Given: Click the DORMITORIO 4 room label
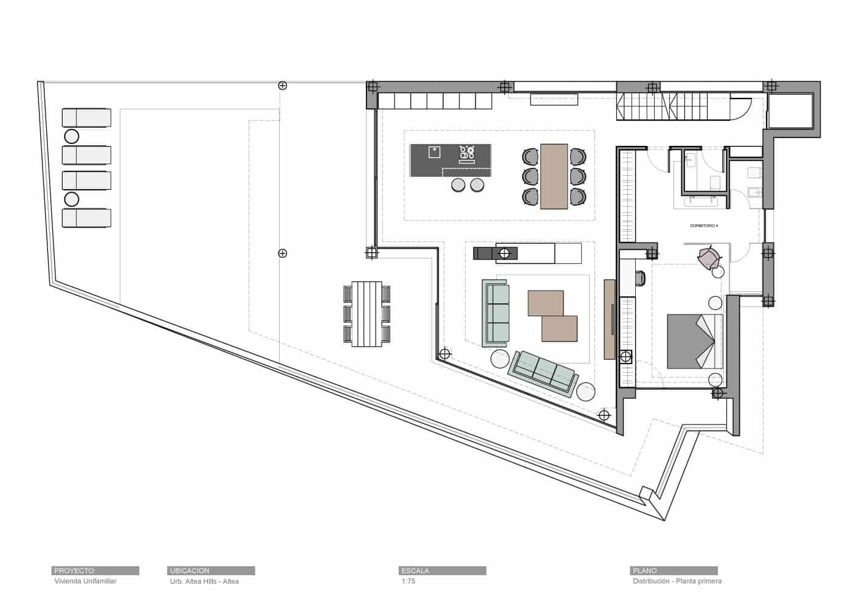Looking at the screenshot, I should (704, 226).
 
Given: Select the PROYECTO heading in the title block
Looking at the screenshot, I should (74, 570).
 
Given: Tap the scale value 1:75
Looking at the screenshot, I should (408, 581).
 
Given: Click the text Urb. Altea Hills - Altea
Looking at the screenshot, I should (204, 581).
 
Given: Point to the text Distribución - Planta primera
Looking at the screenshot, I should (677, 581).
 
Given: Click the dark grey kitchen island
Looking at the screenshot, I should (450, 159).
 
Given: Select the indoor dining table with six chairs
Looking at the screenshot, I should (554, 176).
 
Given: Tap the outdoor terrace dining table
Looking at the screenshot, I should (367, 314).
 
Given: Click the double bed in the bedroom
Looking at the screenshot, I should (694, 341).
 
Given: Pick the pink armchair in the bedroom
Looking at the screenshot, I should (709, 258).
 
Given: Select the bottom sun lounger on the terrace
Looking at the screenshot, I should (86, 218).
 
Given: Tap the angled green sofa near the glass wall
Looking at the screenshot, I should (543, 373).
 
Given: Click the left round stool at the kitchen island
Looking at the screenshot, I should (458, 184).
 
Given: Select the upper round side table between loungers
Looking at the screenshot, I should (71, 136).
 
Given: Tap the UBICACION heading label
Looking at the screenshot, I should (190, 570).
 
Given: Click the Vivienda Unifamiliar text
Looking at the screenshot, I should (85, 581).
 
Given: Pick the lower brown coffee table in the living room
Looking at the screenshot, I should (559, 328).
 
